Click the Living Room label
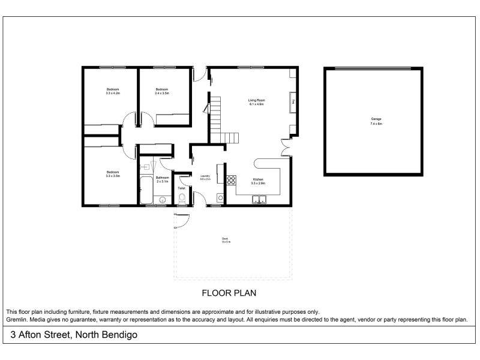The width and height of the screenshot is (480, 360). click(x=257, y=100)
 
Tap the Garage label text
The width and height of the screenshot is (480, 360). click(x=376, y=119)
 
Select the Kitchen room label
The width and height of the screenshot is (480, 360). click(x=258, y=179)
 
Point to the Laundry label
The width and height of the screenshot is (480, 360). click(x=205, y=176)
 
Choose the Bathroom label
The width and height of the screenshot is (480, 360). click(x=163, y=178)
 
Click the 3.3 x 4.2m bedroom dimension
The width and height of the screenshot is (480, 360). click(x=113, y=94)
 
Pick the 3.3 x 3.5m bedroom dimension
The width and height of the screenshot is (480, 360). click(x=113, y=176)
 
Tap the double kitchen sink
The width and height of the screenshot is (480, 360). click(x=260, y=200)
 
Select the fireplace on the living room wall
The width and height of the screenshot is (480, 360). click(x=293, y=103)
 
